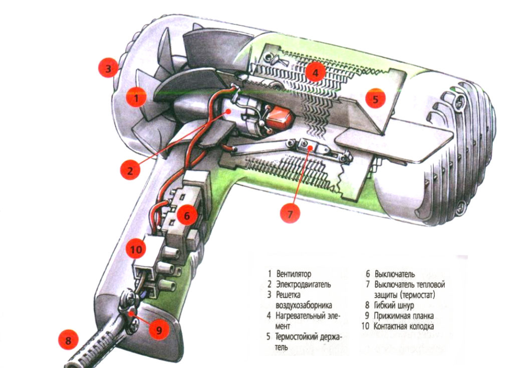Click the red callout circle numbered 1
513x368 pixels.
click(135, 98)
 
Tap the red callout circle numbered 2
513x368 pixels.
click(130, 170)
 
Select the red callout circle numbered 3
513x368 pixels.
click(108, 68)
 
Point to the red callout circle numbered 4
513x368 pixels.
click(315, 73)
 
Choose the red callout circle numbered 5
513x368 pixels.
click(375, 98)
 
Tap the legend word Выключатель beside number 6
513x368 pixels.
click(395, 274)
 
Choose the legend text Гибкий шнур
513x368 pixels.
click(394, 305)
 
